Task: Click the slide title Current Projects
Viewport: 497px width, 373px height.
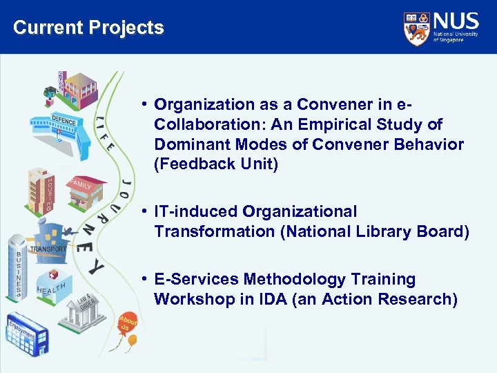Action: coord(88,28)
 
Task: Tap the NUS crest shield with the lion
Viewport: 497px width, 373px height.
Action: coord(416,29)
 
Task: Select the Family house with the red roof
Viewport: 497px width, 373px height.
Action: coord(86,194)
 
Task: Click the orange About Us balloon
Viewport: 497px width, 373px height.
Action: coord(128,323)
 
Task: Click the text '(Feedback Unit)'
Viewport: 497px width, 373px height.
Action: coord(215,164)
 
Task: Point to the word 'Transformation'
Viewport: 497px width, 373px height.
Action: coord(215,231)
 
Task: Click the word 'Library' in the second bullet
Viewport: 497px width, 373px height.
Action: coord(382,231)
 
